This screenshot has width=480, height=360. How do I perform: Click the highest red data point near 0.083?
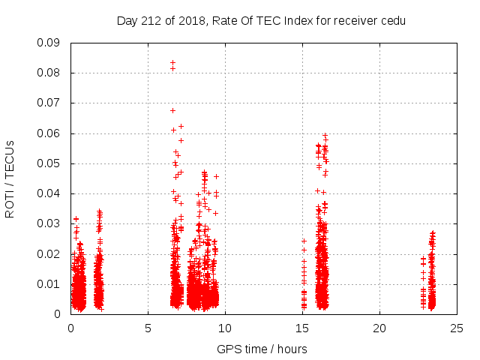[x=172, y=63]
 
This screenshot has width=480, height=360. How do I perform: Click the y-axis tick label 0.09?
[x=49, y=43]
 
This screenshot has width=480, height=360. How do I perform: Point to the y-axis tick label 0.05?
[x=49, y=163]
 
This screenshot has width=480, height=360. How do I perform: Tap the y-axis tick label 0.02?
[x=49, y=253]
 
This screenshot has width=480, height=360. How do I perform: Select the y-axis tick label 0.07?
[x=49, y=103]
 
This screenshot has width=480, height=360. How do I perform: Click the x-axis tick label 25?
[x=457, y=328]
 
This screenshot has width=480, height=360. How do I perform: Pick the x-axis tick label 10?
[x=225, y=328]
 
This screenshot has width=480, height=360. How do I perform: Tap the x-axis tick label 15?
[x=302, y=328]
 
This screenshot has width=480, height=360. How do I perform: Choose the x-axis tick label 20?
[x=379, y=328]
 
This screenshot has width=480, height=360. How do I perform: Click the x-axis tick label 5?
[x=148, y=328]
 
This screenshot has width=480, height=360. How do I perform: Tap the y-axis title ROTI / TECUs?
[x=10, y=178]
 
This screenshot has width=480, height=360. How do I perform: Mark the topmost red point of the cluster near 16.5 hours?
[x=325, y=136]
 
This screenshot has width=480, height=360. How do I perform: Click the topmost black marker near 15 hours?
[x=304, y=241]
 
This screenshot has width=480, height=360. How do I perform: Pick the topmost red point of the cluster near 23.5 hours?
[x=432, y=232]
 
